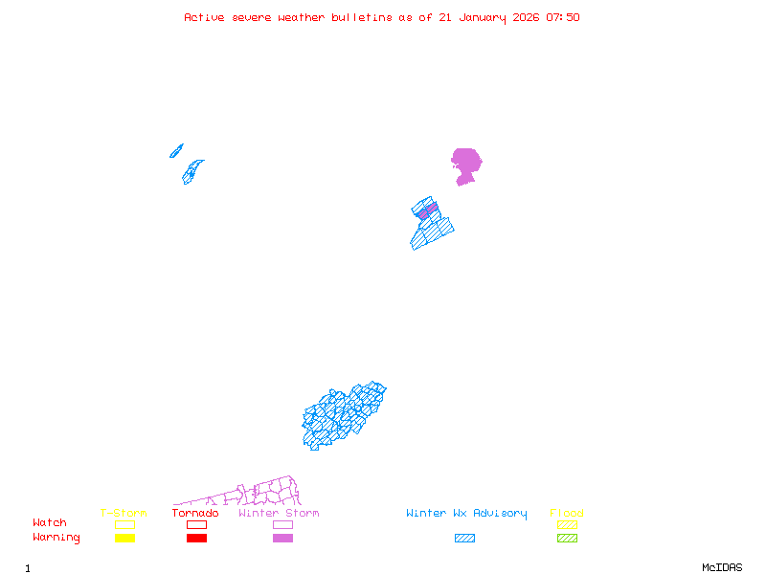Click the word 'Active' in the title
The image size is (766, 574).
(x=204, y=17)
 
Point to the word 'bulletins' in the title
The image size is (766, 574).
(x=362, y=17)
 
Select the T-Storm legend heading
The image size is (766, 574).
(x=124, y=514)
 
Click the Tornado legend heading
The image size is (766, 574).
(x=195, y=514)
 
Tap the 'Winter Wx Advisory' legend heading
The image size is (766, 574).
(x=466, y=514)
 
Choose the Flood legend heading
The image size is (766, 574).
(x=567, y=514)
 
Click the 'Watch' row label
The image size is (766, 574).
(x=50, y=523)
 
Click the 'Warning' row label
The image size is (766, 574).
(x=56, y=538)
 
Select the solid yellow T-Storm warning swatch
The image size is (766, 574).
(x=124, y=539)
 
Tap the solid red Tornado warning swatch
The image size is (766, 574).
(x=196, y=539)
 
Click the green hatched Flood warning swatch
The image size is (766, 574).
(x=567, y=539)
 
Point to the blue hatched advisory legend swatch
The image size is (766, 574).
(x=464, y=539)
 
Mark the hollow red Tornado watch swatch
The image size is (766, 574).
(x=196, y=524)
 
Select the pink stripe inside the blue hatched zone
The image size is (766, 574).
(x=428, y=210)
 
